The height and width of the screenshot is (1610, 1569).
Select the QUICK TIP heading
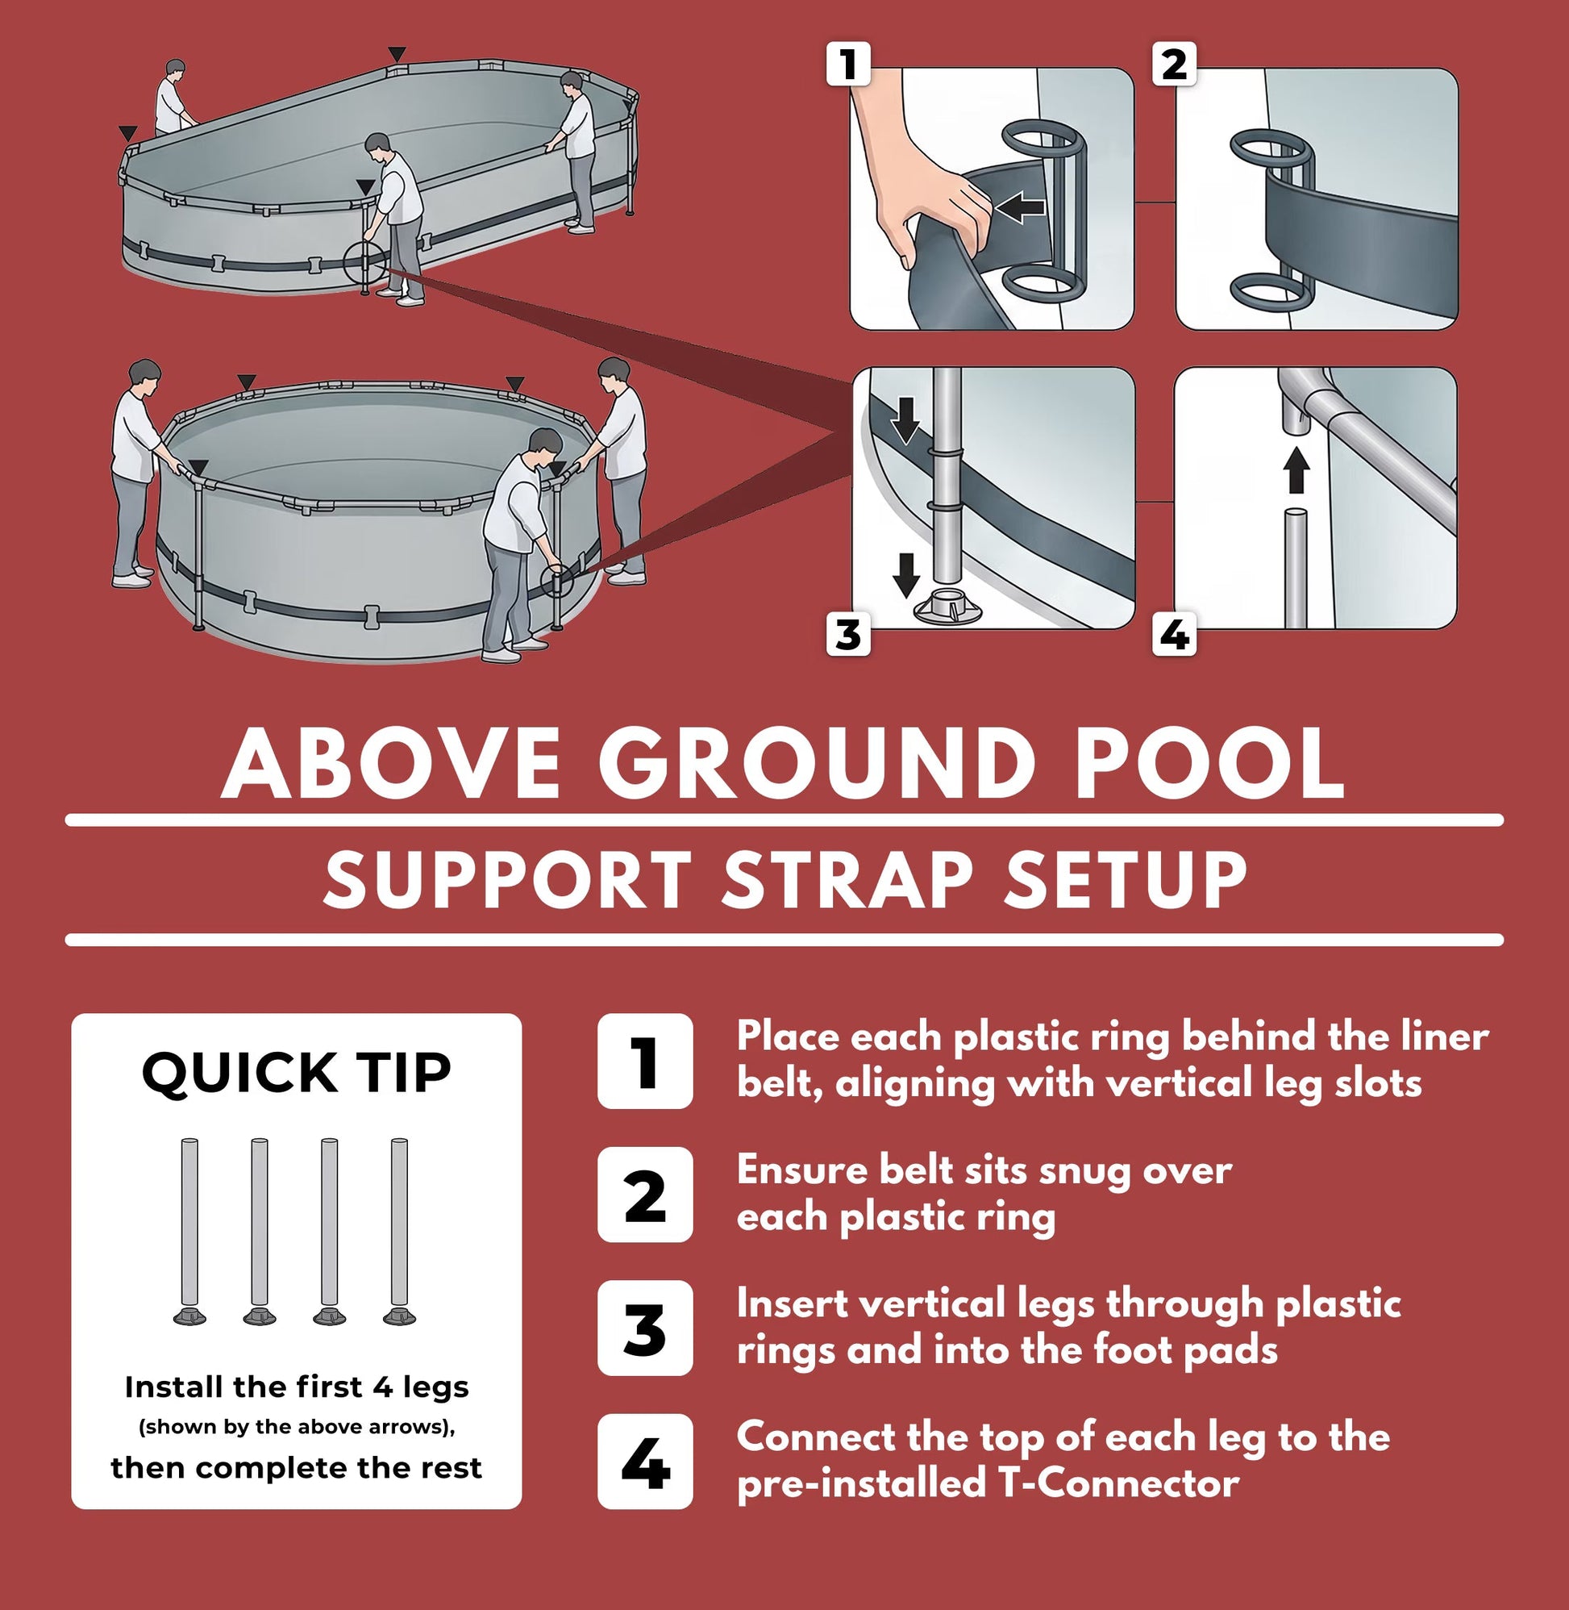click(x=297, y=1073)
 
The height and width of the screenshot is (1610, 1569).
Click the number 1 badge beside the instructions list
click(x=645, y=1061)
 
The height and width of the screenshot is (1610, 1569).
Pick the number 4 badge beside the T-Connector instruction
click(x=645, y=1462)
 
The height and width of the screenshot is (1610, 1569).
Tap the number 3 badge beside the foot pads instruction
click(x=645, y=1328)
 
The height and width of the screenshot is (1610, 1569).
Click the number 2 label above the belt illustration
click(x=1174, y=65)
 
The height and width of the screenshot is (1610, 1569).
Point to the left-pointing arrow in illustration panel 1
click(x=1020, y=208)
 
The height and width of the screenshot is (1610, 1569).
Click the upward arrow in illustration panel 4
click(x=1297, y=471)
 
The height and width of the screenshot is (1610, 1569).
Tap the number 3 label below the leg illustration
click(x=848, y=636)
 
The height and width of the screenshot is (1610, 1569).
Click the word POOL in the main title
click(x=1210, y=762)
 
